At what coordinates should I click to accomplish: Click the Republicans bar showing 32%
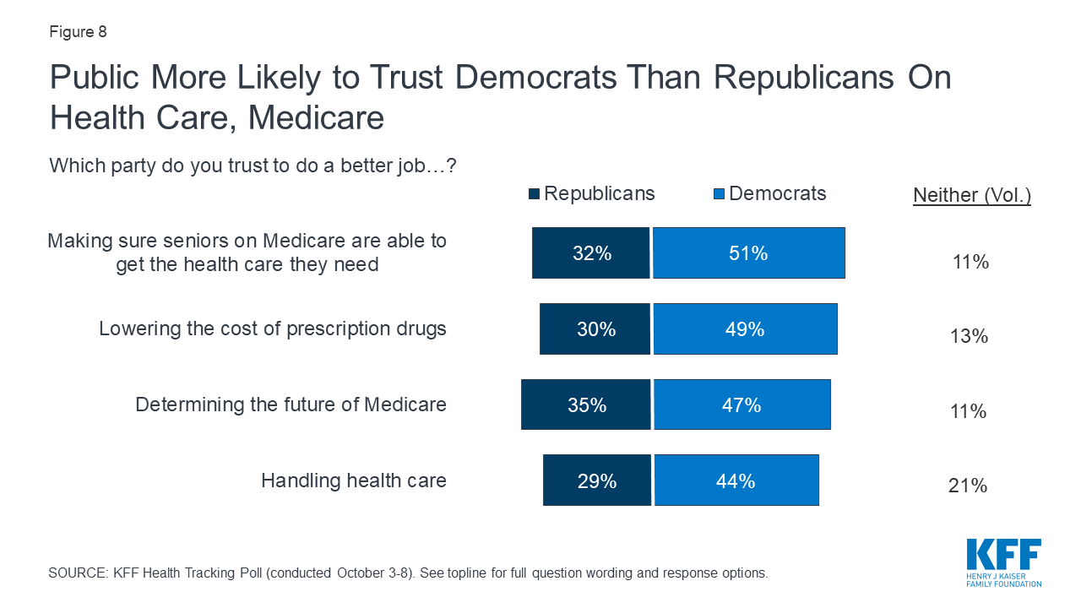590,252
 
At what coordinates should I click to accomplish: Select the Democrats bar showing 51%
749,252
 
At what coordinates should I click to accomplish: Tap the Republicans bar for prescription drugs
595,329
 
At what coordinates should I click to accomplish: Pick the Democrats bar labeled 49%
746,329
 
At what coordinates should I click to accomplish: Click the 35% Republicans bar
586,404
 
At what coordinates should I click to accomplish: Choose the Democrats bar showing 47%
742,404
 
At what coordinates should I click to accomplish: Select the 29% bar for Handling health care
597,480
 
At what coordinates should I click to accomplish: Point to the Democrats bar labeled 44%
736,480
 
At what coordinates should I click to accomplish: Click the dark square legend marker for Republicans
534,194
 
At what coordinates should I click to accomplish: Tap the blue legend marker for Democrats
719,194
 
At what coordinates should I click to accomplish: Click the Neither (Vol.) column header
972,195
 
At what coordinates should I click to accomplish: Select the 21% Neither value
968,486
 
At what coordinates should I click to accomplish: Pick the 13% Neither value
969,336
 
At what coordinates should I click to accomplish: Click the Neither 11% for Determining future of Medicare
969,411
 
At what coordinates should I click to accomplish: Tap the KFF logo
1004,563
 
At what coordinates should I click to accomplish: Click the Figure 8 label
78,32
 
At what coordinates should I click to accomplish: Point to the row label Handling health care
354,480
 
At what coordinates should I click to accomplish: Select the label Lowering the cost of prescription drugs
273,328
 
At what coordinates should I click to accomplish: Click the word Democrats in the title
535,77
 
